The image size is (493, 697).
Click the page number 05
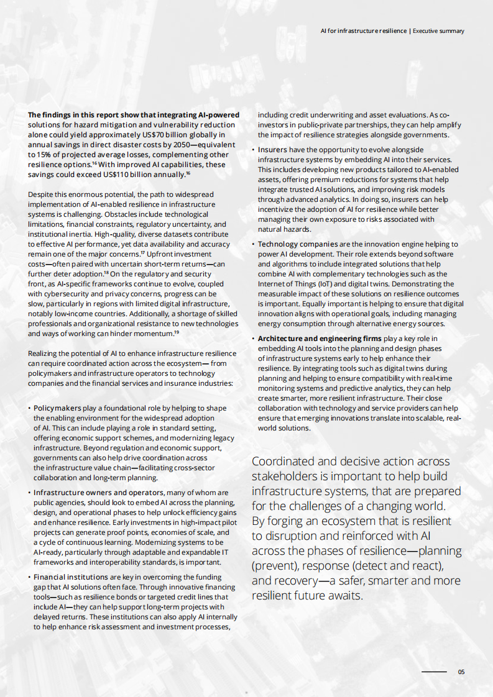(461, 672)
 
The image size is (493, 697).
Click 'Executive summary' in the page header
(438, 30)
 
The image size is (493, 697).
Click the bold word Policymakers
(57, 408)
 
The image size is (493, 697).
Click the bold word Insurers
(272, 150)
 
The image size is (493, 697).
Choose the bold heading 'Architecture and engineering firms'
(320, 339)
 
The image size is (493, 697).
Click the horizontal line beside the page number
(435, 672)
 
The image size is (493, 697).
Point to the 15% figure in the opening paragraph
(40, 154)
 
